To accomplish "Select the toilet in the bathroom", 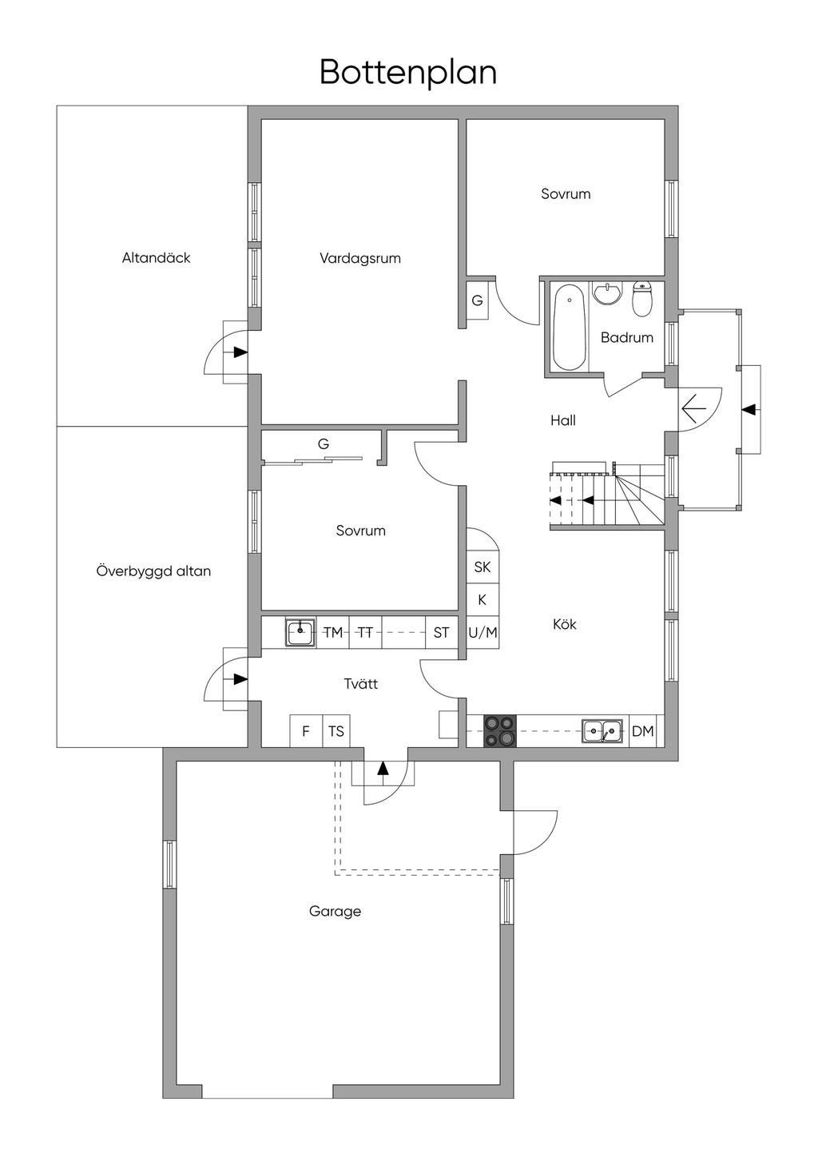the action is pos(643,300).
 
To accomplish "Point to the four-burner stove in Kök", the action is pos(499,730).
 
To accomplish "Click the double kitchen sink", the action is pos(602,731).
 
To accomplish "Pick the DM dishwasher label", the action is pos(642,731).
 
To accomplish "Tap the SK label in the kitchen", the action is pos(482,567).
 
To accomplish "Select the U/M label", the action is pos(482,632).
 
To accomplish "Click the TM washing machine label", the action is pos(333,632).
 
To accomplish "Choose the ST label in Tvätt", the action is pos(441,632).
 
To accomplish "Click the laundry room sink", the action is pos(300,632).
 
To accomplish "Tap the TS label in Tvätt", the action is pos(336,731).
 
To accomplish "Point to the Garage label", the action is pos(335,911).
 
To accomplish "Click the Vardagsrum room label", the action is pos(360,258).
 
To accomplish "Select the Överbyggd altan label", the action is pos(153,571).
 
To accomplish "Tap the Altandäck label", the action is pos(156,257).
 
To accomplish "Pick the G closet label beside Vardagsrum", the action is pos(477,300).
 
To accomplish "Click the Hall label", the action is pos(563,420).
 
